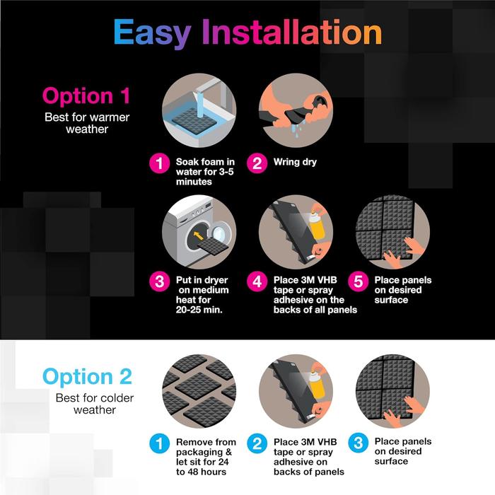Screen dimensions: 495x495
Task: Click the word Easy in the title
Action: click(152, 33)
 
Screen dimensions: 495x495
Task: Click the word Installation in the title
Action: click(292, 32)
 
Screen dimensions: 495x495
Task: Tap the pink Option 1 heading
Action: click(86, 95)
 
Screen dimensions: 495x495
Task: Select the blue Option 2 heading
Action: click(87, 376)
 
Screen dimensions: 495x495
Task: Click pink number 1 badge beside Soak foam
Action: click(159, 163)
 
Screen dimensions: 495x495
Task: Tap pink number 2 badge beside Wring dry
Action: click(257, 163)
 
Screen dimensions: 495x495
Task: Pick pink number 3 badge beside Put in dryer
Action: click(159, 281)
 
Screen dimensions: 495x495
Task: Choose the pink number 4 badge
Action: click(257, 281)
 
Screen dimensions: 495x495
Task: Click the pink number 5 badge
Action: click(359, 281)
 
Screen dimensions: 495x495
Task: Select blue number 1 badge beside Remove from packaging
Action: click(159, 443)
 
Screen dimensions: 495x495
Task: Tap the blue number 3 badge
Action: click(359, 443)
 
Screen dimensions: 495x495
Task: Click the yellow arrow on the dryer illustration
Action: click(198, 235)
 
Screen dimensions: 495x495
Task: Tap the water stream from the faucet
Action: click(200, 106)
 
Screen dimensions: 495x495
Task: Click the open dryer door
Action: click(219, 233)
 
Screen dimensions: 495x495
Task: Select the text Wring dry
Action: click(295, 162)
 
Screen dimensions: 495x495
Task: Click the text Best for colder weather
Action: click(94, 404)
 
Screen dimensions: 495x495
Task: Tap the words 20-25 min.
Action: click(199, 310)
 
